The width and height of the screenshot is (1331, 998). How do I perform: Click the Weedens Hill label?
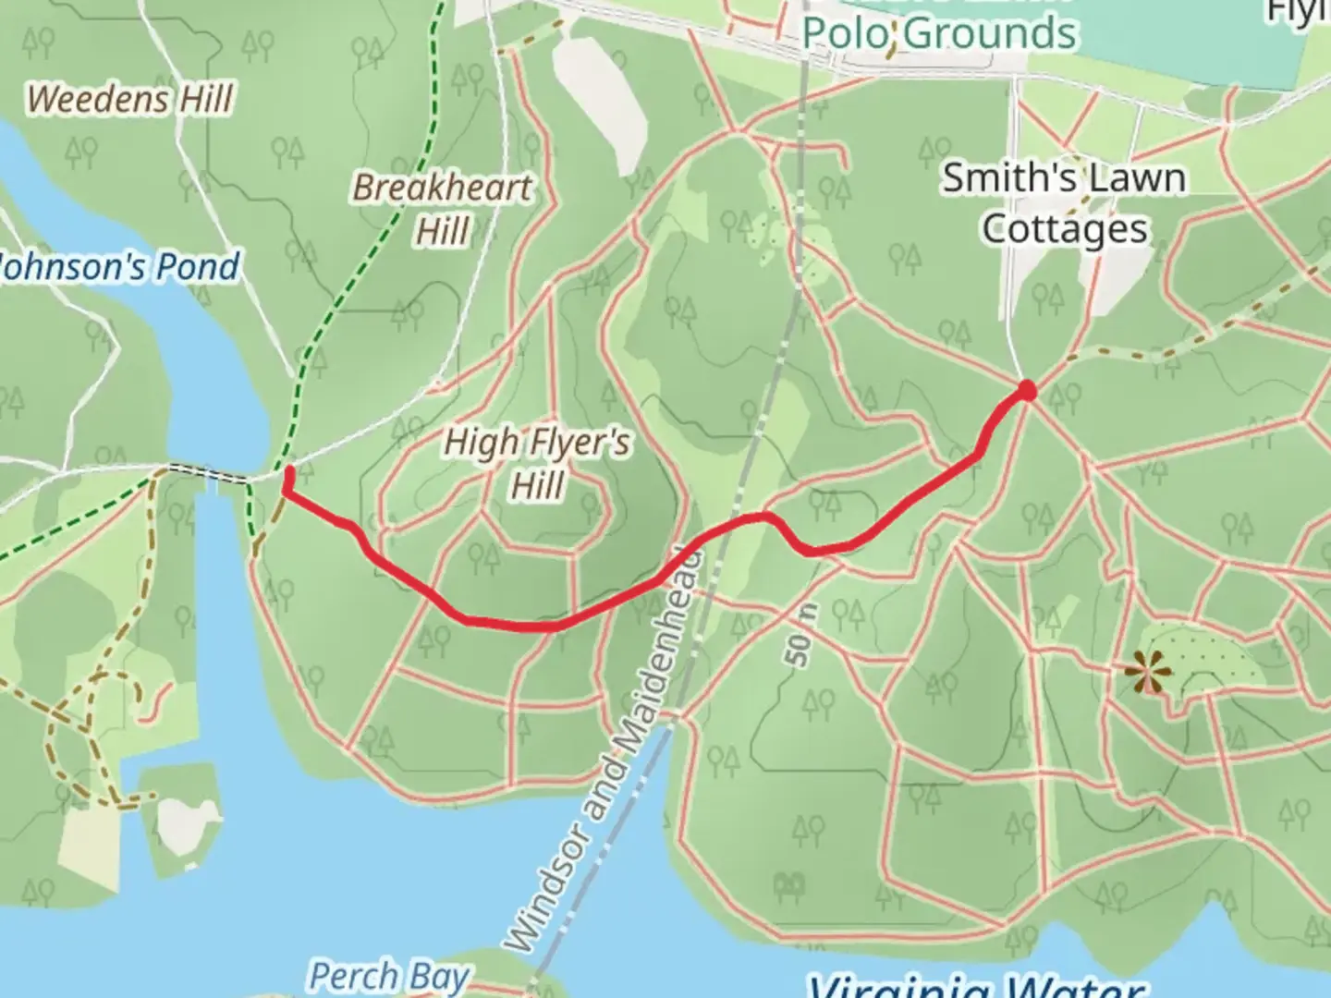(x=130, y=99)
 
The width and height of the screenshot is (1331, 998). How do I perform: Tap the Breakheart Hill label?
(x=442, y=209)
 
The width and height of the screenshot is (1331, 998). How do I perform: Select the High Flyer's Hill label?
(x=537, y=462)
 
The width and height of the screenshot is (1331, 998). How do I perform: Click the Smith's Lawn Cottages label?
(x=1064, y=203)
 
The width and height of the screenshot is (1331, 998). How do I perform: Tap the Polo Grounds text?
(x=938, y=33)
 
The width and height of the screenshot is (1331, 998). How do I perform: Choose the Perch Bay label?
(x=388, y=976)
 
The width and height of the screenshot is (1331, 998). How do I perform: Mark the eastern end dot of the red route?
(x=1027, y=391)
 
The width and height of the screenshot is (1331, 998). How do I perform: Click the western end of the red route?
(x=288, y=473)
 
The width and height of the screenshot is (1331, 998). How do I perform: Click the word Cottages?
(x=1065, y=229)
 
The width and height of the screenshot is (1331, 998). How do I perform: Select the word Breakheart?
(x=442, y=189)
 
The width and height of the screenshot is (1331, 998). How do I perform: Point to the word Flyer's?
(x=579, y=443)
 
